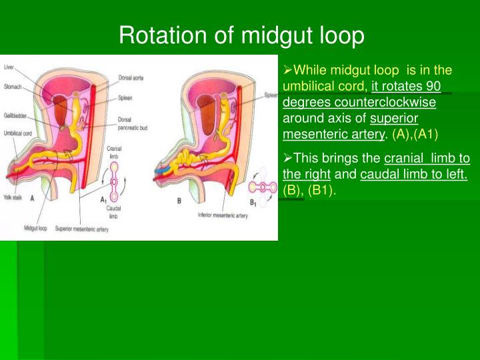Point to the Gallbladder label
15,115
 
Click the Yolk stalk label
13,197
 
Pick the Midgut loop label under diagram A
34,229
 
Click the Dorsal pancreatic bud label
131,122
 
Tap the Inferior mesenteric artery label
222,215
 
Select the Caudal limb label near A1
113,211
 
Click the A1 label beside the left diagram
103,200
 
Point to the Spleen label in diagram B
271,95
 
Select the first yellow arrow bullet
288,70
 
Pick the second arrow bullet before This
288,159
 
